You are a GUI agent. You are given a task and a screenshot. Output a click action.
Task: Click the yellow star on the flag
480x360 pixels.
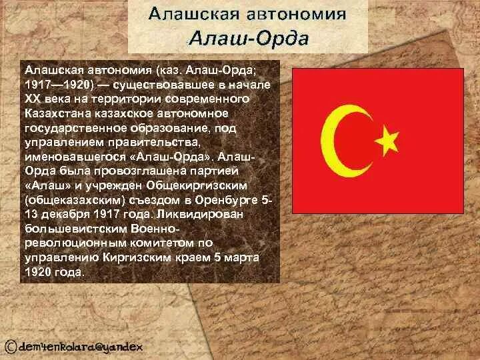point(387,139)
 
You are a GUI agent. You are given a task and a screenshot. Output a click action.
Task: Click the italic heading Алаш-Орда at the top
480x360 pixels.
point(248,38)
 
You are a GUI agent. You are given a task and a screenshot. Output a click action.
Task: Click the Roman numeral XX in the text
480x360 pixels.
point(33,98)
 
